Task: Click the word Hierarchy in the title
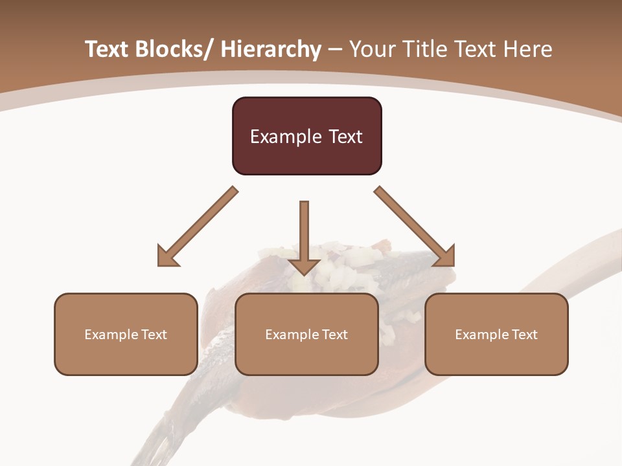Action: point(271,50)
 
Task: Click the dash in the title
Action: point(335,50)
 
